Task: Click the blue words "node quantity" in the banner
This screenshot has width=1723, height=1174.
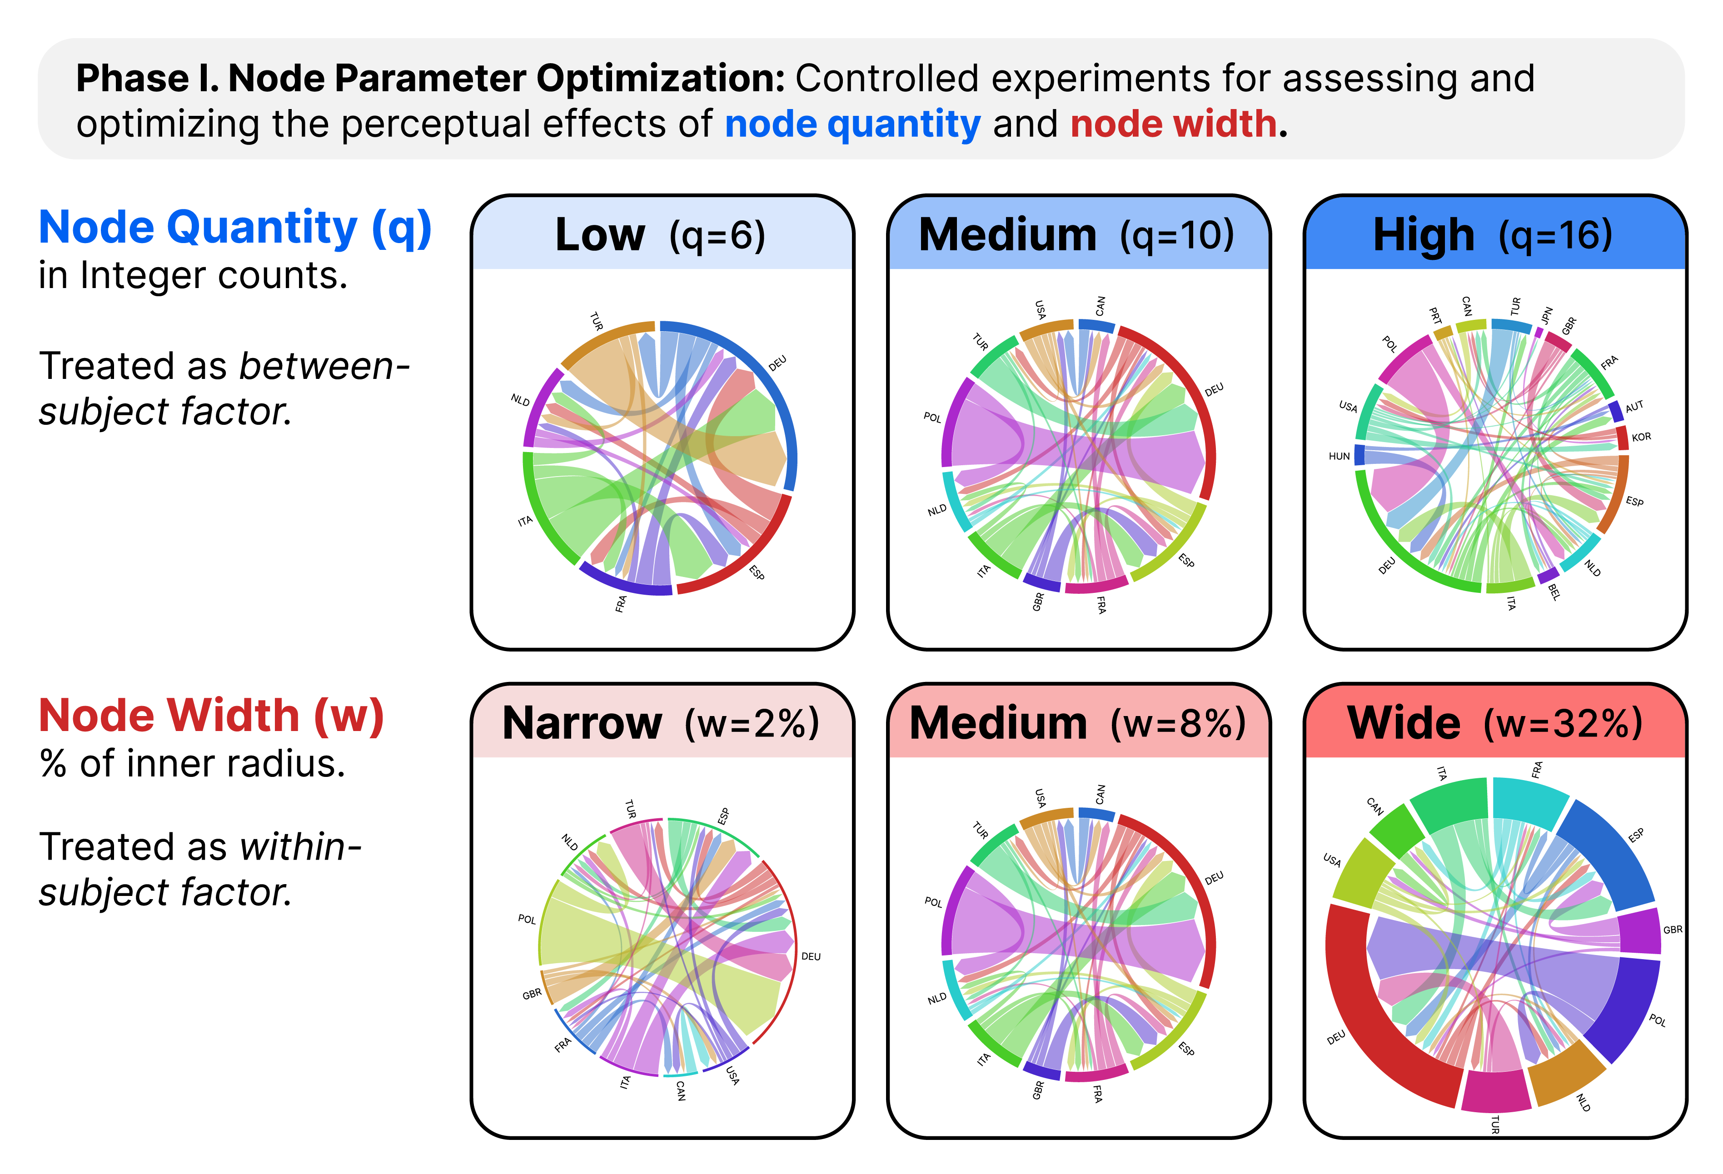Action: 852,124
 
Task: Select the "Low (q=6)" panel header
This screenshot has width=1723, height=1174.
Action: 661,235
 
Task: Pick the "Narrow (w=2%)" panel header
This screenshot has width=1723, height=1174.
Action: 661,723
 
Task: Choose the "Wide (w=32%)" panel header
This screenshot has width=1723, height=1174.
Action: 1494,723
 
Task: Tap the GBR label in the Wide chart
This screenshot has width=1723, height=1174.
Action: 1673,930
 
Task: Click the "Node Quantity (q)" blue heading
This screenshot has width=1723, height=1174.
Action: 235,228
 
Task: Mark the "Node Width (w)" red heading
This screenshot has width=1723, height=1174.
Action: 211,716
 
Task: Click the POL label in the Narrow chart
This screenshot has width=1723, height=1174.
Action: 526,919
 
